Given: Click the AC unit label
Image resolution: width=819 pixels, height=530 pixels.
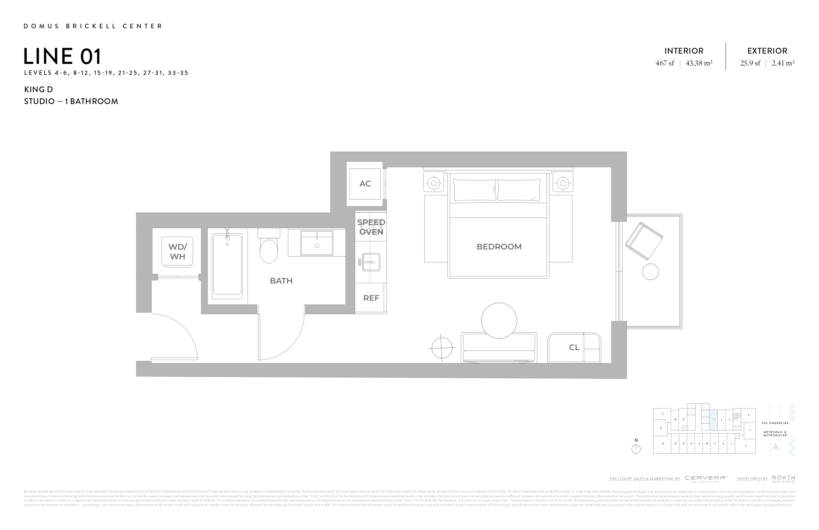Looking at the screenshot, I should pyautogui.click(x=365, y=184).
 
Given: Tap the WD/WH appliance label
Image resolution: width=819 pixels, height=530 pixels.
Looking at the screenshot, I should pyautogui.click(x=177, y=252).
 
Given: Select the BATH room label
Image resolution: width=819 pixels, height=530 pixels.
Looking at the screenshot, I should pyautogui.click(x=281, y=281).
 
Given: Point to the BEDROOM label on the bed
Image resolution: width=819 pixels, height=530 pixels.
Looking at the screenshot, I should pyautogui.click(x=499, y=246).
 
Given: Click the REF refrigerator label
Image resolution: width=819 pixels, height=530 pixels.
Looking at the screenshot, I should pyautogui.click(x=371, y=298).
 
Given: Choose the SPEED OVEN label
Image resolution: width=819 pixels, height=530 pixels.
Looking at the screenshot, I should pyautogui.click(x=371, y=227).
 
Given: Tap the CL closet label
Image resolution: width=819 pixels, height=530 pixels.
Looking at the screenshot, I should pyautogui.click(x=574, y=348).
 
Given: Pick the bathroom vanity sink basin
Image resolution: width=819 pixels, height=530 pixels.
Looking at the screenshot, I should pyautogui.click(x=317, y=243).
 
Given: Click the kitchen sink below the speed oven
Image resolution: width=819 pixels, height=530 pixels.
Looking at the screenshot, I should pyautogui.click(x=371, y=262).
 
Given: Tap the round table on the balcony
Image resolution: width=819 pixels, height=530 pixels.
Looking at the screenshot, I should pyautogui.click(x=650, y=272).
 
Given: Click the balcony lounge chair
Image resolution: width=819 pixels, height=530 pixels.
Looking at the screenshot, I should pyautogui.click(x=644, y=241).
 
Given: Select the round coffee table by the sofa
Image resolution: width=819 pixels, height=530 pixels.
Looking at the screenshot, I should pyautogui.click(x=499, y=321).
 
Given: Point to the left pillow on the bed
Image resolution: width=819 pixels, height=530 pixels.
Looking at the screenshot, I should pyautogui.click(x=475, y=190).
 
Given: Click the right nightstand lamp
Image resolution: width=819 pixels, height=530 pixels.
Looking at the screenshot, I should pyautogui.click(x=563, y=183).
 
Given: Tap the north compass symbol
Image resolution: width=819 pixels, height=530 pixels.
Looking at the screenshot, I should pyautogui.click(x=636, y=449).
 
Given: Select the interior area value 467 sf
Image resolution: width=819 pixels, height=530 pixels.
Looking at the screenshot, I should pyautogui.click(x=665, y=63).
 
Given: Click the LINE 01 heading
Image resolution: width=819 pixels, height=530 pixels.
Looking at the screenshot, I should pyautogui.click(x=63, y=57).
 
